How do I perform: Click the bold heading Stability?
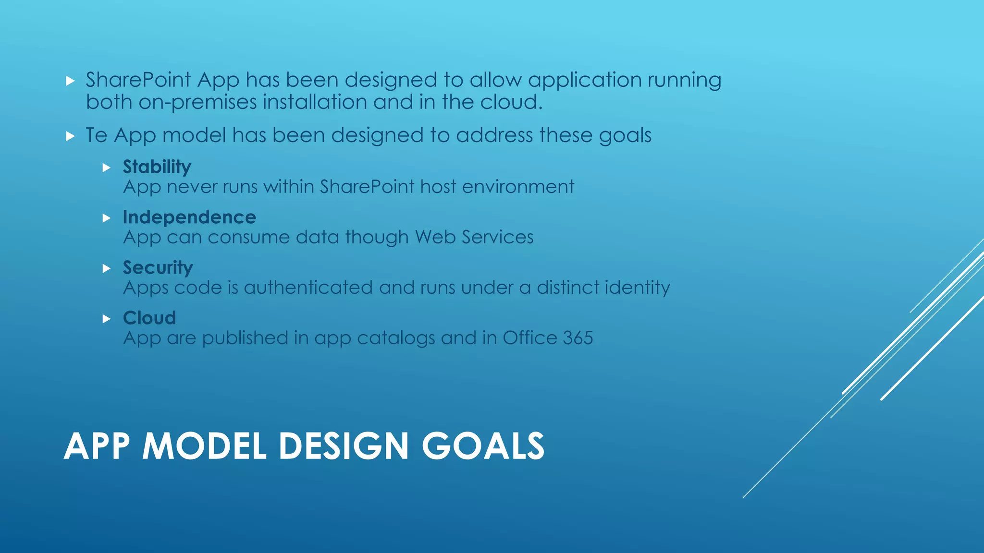pos(157,167)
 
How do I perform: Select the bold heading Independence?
pos(189,217)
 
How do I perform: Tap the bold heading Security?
pos(158,268)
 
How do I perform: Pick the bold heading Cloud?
pos(149,318)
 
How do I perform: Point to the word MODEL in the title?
pos(204,446)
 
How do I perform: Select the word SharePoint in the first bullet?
pos(138,80)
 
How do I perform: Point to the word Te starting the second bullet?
pos(96,135)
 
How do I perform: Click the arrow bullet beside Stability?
pos(107,168)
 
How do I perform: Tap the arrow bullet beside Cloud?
pos(107,319)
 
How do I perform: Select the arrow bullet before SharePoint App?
pos(71,81)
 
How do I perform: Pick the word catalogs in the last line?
pos(396,338)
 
